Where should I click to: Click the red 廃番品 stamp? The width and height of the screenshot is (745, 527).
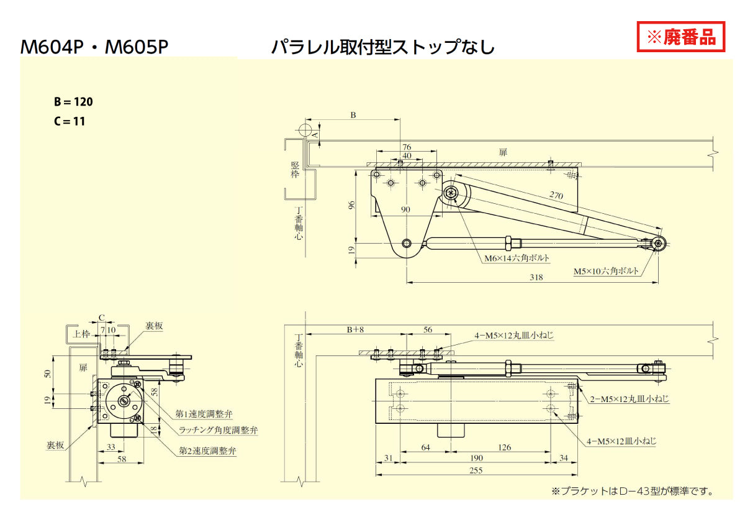tap(681, 37)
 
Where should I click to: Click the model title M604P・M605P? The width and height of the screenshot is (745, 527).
tap(94, 47)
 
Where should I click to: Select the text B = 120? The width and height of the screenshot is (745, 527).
tap(73, 102)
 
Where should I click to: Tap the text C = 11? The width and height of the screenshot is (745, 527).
tap(70, 121)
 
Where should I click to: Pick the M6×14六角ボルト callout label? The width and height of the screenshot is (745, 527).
tap(517, 257)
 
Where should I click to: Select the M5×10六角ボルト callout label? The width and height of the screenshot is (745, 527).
tap(606, 272)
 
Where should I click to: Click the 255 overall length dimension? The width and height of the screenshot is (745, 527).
tap(476, 470)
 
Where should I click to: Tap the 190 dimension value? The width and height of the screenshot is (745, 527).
tap(476, 459)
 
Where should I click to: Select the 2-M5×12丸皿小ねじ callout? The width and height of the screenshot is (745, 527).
tap(629, 399)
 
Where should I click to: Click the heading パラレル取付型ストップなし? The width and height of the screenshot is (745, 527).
tap(383, 47)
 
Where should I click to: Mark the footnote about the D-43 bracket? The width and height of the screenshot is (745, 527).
tap(633, 491)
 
